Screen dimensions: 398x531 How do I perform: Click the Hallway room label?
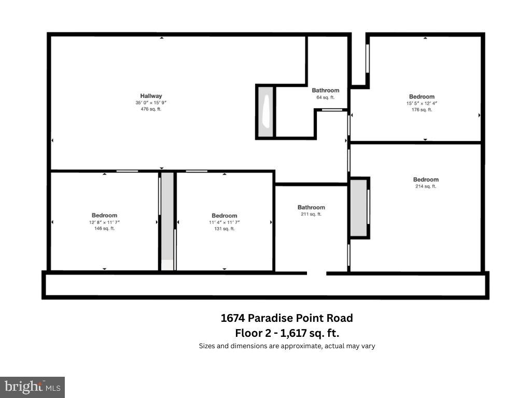151,96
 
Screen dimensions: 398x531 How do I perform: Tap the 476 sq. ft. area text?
151,109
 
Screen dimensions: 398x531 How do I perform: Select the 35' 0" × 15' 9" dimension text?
151,103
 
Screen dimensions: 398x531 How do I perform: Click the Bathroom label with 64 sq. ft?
325,91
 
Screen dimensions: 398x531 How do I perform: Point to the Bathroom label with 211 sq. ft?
311,207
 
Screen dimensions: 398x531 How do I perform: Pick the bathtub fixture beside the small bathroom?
265,111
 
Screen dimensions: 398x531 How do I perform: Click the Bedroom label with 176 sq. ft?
422,97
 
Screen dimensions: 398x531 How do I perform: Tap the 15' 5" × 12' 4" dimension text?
422,103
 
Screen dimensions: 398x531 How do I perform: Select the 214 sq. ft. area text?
426,187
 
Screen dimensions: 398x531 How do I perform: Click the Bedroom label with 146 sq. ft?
104,216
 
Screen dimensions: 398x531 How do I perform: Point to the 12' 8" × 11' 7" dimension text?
104,222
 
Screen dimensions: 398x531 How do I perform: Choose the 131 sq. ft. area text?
225,229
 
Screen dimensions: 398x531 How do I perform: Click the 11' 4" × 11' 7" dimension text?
225,222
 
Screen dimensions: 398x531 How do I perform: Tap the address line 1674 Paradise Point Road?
287,318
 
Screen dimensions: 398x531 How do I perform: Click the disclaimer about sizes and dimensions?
287,346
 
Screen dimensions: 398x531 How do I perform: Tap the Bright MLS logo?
32,387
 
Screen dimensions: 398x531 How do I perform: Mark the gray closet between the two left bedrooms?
167,218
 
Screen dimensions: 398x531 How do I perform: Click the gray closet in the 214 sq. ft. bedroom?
359,208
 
